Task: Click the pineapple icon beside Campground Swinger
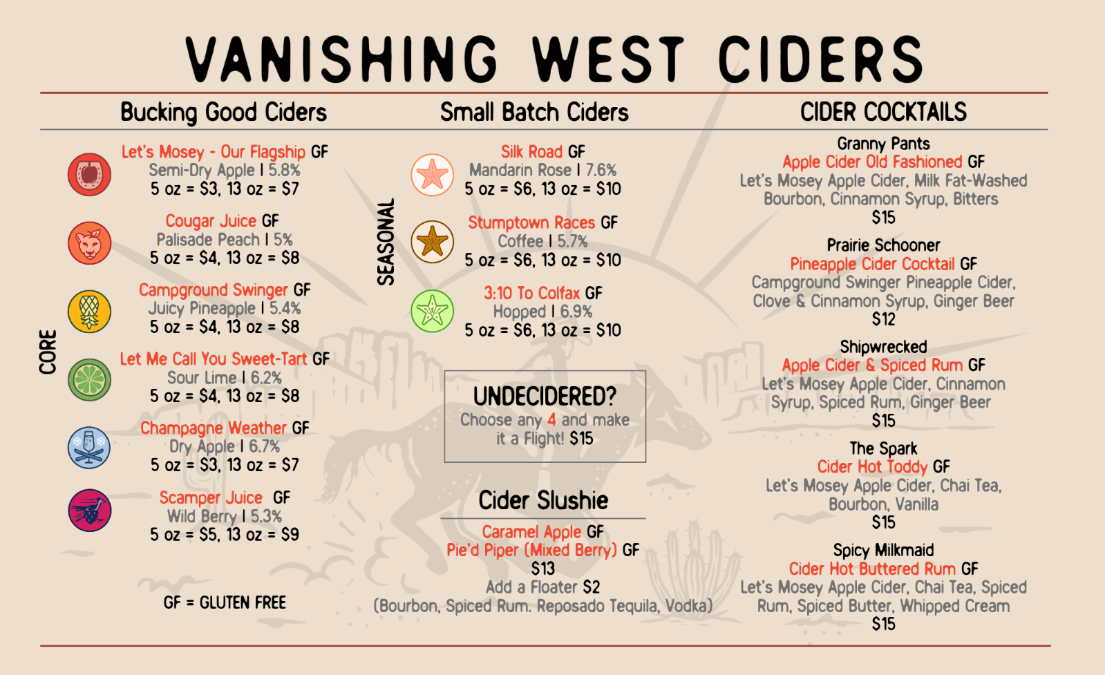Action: point(89,311)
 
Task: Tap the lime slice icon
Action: point(89,379)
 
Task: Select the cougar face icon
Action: point(89,243)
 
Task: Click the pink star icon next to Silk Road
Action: point(433,174)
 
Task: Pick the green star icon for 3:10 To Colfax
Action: point(433,311)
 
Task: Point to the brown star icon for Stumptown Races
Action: point(433,242)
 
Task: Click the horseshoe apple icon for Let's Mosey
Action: point(89,174)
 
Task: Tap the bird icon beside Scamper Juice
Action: point(89,511)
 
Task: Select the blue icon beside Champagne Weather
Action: point(89,448)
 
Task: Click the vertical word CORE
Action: point(48,352)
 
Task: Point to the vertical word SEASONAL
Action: point(386,242)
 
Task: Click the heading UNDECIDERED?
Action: point(545,397)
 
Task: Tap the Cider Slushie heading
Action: point(543,500)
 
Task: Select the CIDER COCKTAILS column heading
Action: point(883,112)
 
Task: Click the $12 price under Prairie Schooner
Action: point(883,319)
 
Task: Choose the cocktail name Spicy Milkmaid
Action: point(883,550)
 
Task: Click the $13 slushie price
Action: point(543,569)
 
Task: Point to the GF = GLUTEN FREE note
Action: point(225,602)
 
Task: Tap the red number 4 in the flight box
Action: point(551,419)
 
